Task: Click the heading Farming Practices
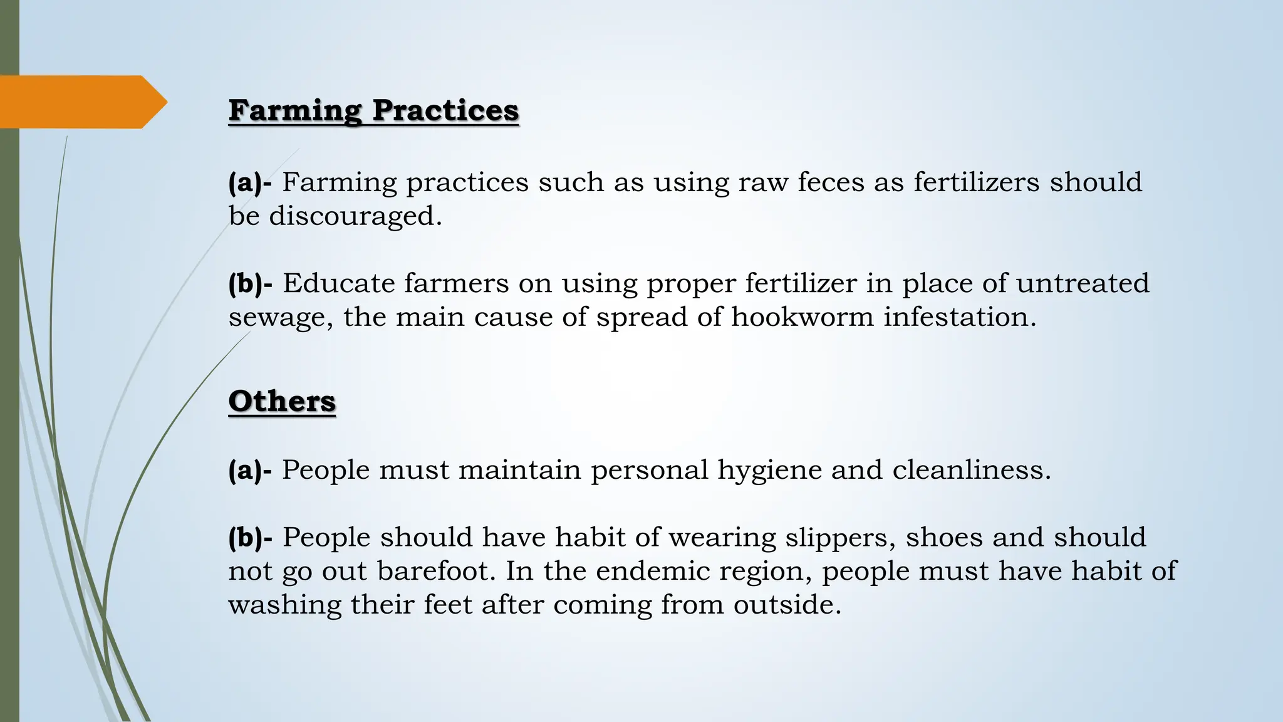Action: [x=373, y=111]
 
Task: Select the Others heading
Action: [x=282, y=402]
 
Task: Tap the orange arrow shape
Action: [x=81, y=102]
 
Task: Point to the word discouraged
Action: [x=355, y=216]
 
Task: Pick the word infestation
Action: [x=959, y=317]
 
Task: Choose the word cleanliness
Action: [x=971, y=470]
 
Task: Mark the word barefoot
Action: [x=436, y=572]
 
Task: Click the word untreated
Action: [x=1082, y=283]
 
